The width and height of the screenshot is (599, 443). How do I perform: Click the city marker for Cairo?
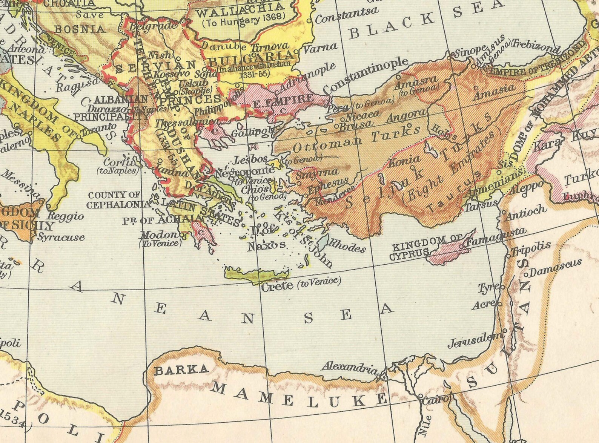(421, 396)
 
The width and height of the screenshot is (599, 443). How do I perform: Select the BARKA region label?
(181, 370)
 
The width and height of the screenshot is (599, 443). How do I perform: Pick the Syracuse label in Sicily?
(61, 237)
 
